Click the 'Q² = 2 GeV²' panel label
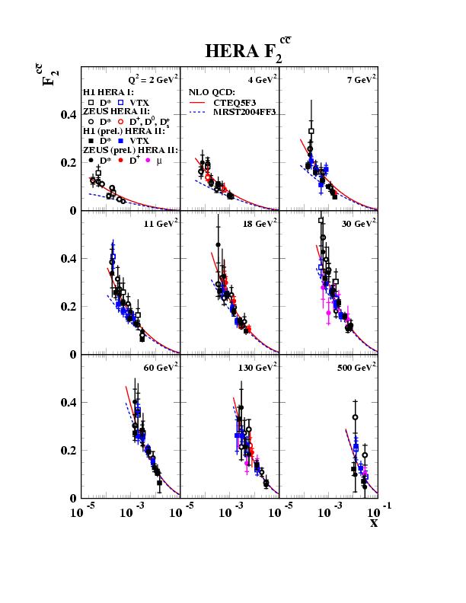tap(153, 78)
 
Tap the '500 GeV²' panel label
tap(356, 367)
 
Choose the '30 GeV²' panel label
tap(356, 223)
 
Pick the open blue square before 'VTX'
tap(121, 101)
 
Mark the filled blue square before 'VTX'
tap(121, 141)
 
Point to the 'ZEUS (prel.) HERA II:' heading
tap(130, 151)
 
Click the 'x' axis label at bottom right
tap(373, 523)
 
